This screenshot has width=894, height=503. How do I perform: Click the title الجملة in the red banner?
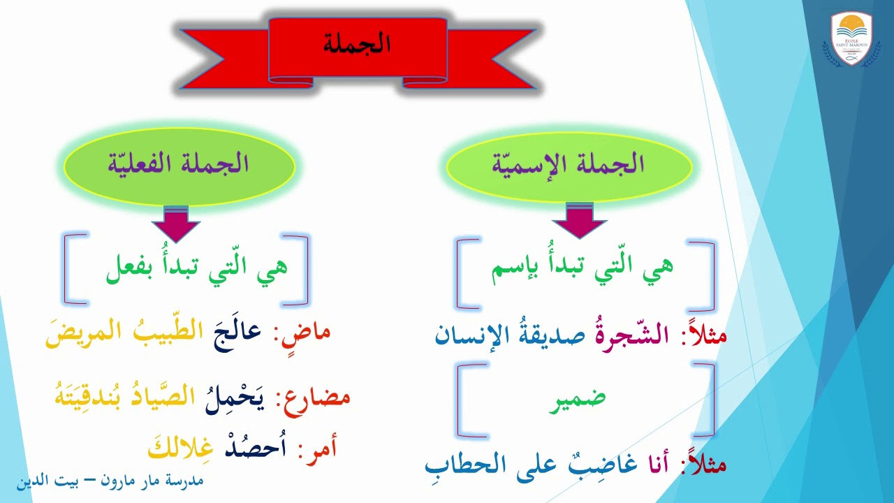(x=356, y=43)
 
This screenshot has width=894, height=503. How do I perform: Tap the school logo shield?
(x=851, y=38)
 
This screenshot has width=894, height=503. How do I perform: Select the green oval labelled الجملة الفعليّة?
(x=179, y=166)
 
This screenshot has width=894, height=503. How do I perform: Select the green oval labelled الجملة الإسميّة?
(x=569, y=166)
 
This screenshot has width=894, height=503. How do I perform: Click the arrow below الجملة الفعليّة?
(x=175, y=224)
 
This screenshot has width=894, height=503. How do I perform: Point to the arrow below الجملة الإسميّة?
(x=580, y=220)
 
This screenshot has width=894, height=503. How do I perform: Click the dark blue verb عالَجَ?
(x=237, y=335)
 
